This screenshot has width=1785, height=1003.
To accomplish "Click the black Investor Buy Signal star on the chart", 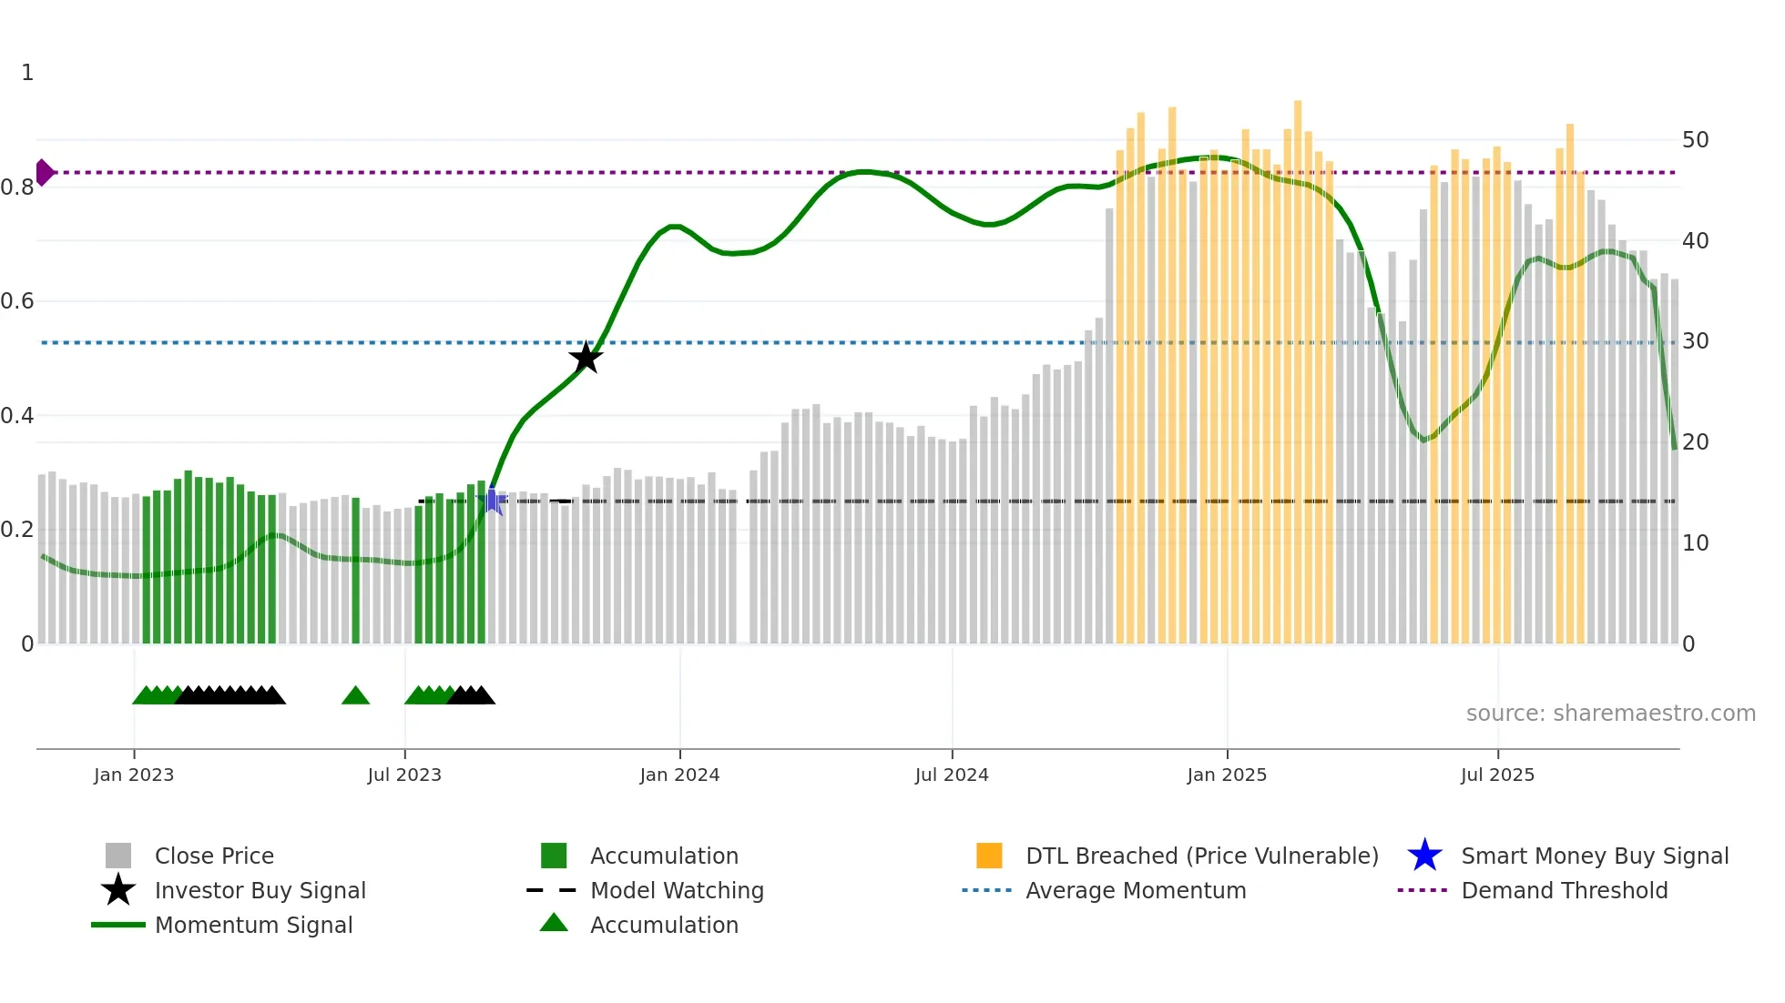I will click(x=586, y=358).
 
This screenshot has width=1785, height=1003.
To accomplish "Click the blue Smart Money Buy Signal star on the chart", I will click(x=493, y=501).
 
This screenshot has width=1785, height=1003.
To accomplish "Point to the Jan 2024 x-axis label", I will click(x=679, y=775).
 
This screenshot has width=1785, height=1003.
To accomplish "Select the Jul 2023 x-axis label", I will click(x=404, y=775).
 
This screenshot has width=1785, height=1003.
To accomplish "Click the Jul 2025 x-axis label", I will click(x=1497, y=775).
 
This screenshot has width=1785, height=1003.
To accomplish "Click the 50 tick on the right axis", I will click(x=1695, y=140).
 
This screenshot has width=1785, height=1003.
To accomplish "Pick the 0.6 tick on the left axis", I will click(x=17, y=301).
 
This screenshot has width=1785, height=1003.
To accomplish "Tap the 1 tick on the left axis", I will click(x=27, y=73).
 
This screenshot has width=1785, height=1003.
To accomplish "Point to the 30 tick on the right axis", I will click(x=1695, y=341).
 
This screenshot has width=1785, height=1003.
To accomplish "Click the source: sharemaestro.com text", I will click(x=1610, y=714).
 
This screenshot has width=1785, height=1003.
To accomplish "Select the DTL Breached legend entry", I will click(x=1201, y=856).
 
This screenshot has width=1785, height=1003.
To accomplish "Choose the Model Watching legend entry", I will click(x=676, y=890).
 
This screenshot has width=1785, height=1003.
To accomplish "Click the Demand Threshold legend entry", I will click(x=1564, y=890).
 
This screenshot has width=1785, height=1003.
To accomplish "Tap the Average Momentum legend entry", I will click(x=1135, y=890).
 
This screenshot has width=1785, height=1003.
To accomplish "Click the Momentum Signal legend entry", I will click(x=253, y=925).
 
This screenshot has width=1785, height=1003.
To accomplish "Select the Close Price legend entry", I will click(x=214, y=856).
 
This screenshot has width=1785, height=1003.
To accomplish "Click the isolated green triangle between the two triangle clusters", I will click(x=355, y=696).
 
